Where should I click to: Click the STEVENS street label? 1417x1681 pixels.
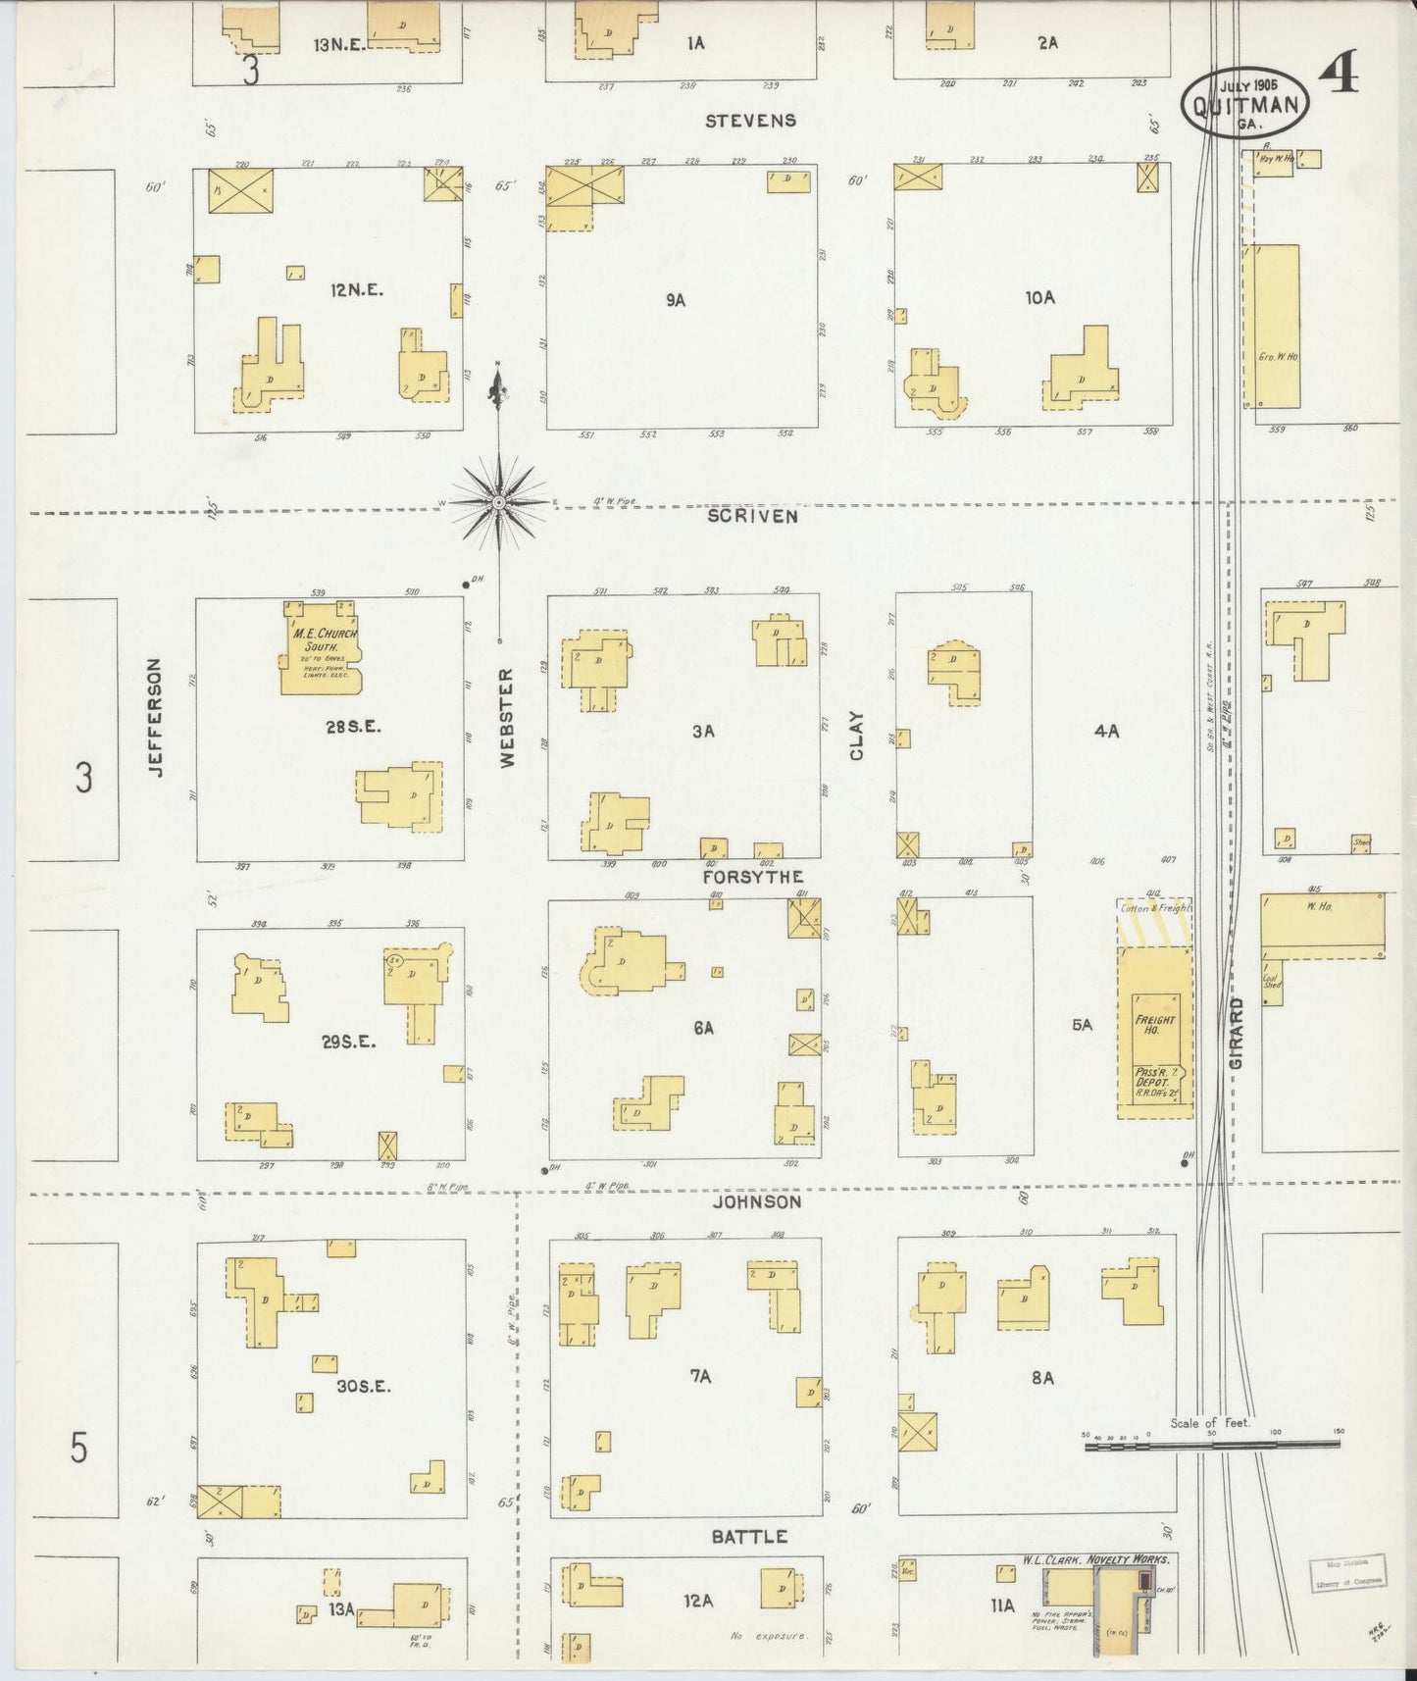click(x=750, y=121)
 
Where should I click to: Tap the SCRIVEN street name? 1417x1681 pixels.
click(x=752, y=516)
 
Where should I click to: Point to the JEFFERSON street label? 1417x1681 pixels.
click(x=155, y=718)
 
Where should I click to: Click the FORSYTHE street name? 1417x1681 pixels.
click(x=752, y=877)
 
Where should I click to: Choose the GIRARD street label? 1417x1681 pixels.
click(x=1237, y=1035)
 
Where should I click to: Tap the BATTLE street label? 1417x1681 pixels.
click(x=750, y=1536)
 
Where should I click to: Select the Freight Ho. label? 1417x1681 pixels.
click(x=1154, y=1026)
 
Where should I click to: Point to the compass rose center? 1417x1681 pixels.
click(x=499, y=502)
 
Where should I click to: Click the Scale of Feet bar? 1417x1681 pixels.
click(x=1212, y=1445)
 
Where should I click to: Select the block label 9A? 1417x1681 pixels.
click(x=675, y=301)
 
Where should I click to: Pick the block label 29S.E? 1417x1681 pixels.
click(x=348, y=1042)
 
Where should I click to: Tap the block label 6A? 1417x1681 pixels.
click(x=703, y=1028)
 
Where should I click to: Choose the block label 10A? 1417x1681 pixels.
click(x=1040, y=296)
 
